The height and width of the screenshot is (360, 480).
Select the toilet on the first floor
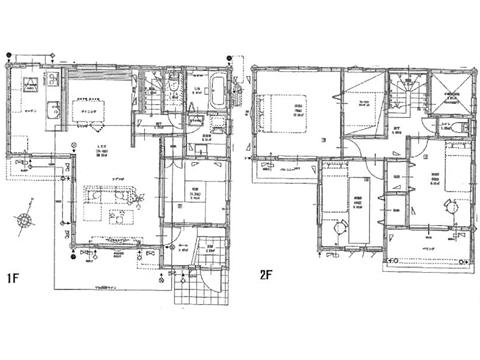pos(173,91)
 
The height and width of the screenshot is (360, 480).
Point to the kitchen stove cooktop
pos(26,82)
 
